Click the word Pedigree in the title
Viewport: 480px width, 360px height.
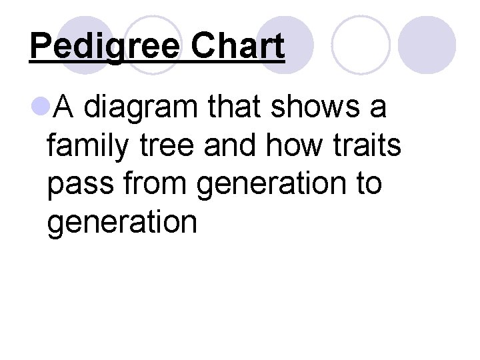point(105,47)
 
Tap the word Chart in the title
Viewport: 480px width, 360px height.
point(237,46)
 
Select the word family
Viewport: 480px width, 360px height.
point(87,145)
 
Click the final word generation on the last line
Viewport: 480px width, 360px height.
point(122,223)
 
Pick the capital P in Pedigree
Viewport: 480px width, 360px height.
point(40,46)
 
